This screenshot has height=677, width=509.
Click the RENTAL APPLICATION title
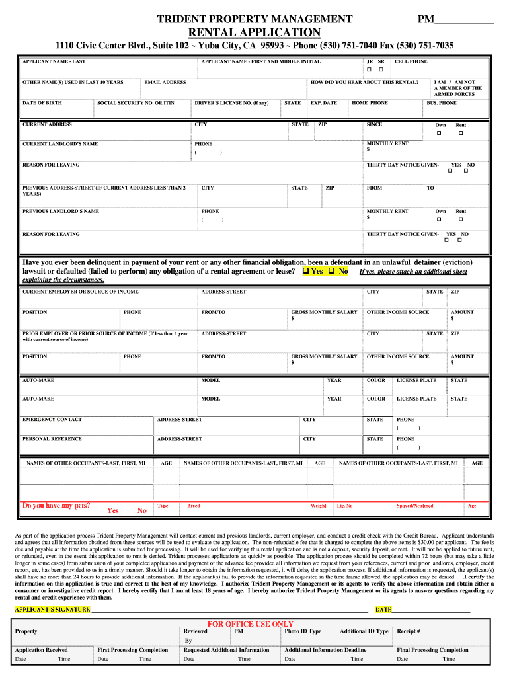255,32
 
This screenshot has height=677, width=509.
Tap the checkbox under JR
370,69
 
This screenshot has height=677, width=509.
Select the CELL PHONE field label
411,61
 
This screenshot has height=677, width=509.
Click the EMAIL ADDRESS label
165,82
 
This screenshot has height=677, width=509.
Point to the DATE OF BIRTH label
42,103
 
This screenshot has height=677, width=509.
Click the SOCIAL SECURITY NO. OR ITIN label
136,103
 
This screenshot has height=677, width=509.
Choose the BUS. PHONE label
441,103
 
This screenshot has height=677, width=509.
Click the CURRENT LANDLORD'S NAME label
60,143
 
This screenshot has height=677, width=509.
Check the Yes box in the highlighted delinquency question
306,271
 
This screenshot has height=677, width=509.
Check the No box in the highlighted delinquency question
332,271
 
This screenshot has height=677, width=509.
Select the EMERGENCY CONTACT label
52,419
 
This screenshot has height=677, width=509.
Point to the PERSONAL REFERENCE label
53,438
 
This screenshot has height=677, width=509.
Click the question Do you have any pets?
56,506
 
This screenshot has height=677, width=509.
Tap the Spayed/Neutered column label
414,506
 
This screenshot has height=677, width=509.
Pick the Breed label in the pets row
194,506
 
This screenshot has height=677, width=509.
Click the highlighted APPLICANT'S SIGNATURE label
52,609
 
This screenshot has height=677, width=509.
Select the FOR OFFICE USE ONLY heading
251,623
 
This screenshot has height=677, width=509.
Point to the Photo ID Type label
303,631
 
